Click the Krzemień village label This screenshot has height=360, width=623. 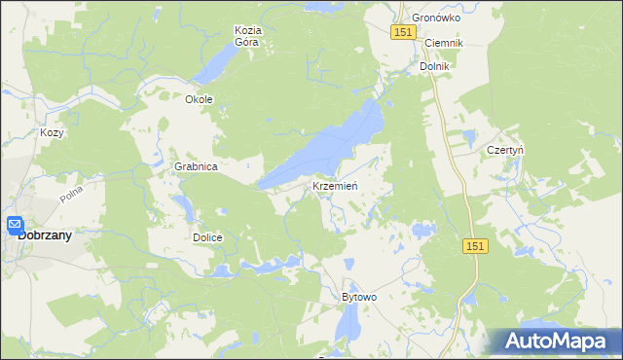click(337, 186)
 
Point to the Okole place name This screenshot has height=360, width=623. click(199, 99)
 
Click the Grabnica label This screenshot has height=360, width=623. click(196, 167)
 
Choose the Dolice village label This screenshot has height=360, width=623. click(207, 237)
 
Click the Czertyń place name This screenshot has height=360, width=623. click(505, 151)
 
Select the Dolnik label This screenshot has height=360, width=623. click(434, 67)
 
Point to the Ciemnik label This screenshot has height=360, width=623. click(443, 44)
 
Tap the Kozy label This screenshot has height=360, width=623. click(52, 132)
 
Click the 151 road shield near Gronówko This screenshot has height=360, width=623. click(405, 33)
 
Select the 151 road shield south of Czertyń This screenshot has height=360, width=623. click(474, 247)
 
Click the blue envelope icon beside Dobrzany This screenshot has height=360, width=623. click(15, 226)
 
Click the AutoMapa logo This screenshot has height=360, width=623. click(555, 342)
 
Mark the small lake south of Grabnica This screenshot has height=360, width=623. click(182, 206)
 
